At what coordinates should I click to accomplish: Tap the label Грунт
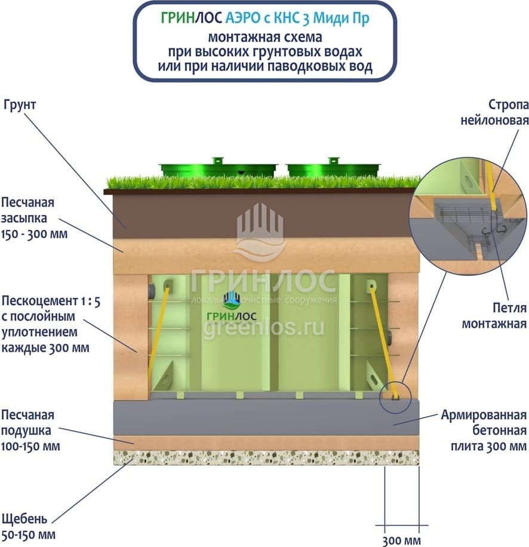coord(20,105)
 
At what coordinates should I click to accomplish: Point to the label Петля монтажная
coord(502,316)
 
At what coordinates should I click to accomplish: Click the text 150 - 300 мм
coord(34,233)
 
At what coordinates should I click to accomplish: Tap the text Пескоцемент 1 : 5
coord(51,302)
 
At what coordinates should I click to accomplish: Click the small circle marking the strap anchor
coord(395,395)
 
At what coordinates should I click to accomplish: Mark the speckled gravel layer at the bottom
coord(266,458)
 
